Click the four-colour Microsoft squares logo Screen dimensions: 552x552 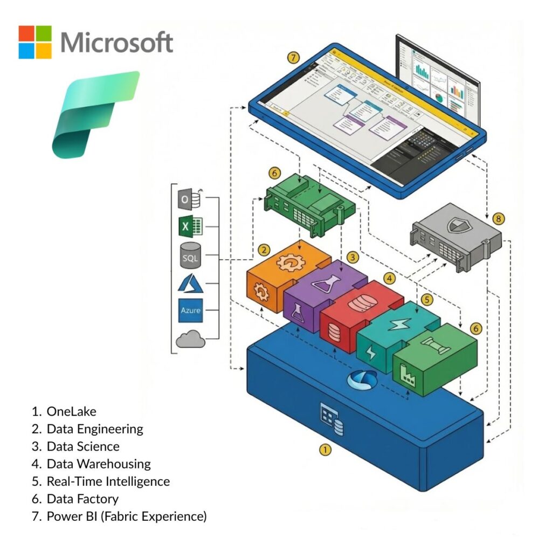[35, 42]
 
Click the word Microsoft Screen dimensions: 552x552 [116, 42]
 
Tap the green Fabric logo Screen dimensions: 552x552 [95, 114]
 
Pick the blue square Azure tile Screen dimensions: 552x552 [190, 310]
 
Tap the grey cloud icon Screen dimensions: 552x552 [190, 340]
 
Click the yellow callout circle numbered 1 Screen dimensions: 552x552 [325, 449]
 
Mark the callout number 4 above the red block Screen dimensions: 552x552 [388, 279]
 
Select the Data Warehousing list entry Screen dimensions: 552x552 [92, 464]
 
